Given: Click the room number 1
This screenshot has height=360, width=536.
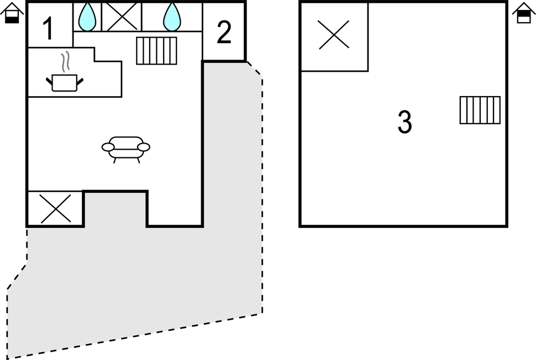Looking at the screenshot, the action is click(x=49, y=29).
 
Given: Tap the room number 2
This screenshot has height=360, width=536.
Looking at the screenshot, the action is click(x=224, y=33).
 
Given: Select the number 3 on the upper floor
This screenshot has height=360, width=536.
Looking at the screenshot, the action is click(x=404, y=122).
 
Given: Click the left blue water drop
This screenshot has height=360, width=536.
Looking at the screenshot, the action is click(x=87, y=17).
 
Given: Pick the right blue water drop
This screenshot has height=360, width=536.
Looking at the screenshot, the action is click(x=172, y=17).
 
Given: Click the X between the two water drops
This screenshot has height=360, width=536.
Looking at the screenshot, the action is click(x=122, y=17).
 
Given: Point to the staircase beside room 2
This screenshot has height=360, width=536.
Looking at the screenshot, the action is click(x=156, y=51).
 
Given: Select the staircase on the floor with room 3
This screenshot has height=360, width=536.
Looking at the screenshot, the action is click(x=480, y=110).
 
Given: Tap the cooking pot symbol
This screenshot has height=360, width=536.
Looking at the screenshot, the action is click(x=65, y=83).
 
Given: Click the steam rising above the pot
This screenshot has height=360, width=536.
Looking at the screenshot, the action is click(x=65, y=61).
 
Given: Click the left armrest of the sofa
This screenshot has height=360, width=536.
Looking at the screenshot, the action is click(x=108, y=147).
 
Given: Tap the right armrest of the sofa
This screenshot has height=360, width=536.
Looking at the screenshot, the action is click(x=144, y=147).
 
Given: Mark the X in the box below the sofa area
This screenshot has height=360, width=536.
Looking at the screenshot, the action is click(x=55, y=209).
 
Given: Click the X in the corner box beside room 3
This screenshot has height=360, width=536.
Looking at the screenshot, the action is click(x=334, y=35).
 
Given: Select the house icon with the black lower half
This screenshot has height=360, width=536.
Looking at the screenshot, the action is click(x=12, y=13).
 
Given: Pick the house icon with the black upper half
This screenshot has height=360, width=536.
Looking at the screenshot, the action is click(x=524, y=13).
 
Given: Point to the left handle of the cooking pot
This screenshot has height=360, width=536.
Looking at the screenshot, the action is click(x=49, y=81).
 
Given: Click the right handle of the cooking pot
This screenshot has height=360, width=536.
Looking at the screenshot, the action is click(x=80, y=81).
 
